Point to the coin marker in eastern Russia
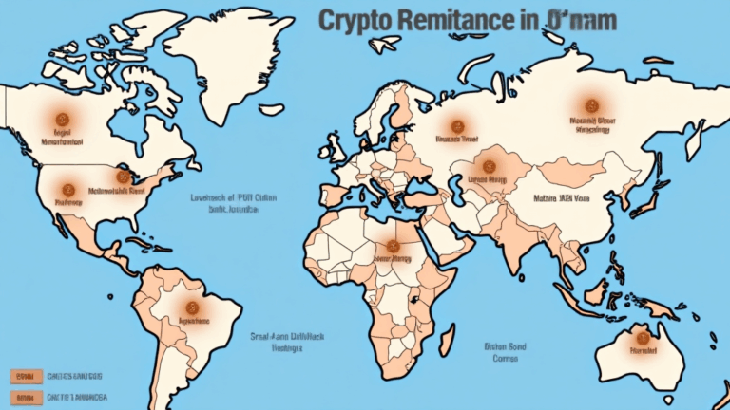point(591,105)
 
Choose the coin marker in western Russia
point(456,124)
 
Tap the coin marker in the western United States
point(67,189)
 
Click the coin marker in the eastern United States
point(122,177)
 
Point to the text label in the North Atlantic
point(220,203)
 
